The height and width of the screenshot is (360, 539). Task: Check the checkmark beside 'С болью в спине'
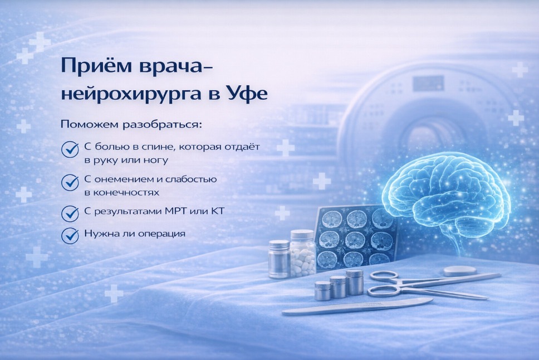click(70, 149)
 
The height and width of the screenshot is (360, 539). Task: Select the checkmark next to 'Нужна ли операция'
click(70, 234)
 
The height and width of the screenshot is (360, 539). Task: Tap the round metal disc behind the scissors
click(460, 270)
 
